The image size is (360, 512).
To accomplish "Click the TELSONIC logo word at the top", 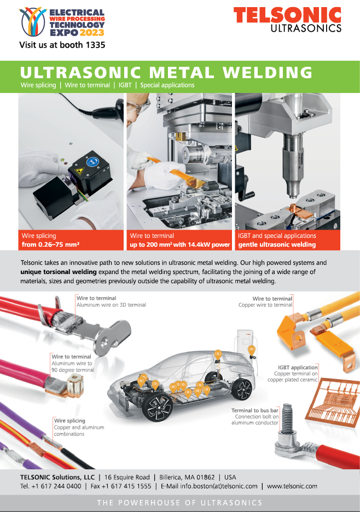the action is coord(287,15).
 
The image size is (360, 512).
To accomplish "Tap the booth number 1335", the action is coord(95,45).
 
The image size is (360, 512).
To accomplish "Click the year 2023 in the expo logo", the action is coord(92,32).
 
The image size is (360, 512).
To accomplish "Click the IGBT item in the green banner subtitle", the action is coord(125,85).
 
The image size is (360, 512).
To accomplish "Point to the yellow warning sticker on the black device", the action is coord(79,171).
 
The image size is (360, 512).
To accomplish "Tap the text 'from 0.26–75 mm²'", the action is coord(51,245).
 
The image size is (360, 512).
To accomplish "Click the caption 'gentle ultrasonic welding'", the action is coord(277,245).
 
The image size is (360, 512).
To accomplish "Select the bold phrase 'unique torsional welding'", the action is coord(59,272).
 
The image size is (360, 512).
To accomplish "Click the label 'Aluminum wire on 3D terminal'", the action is coord(111,305).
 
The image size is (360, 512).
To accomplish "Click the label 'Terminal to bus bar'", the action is coord(255,410).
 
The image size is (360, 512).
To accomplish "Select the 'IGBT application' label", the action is coord(298,368).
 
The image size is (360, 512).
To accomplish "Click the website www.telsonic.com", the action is coord(292,486).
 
